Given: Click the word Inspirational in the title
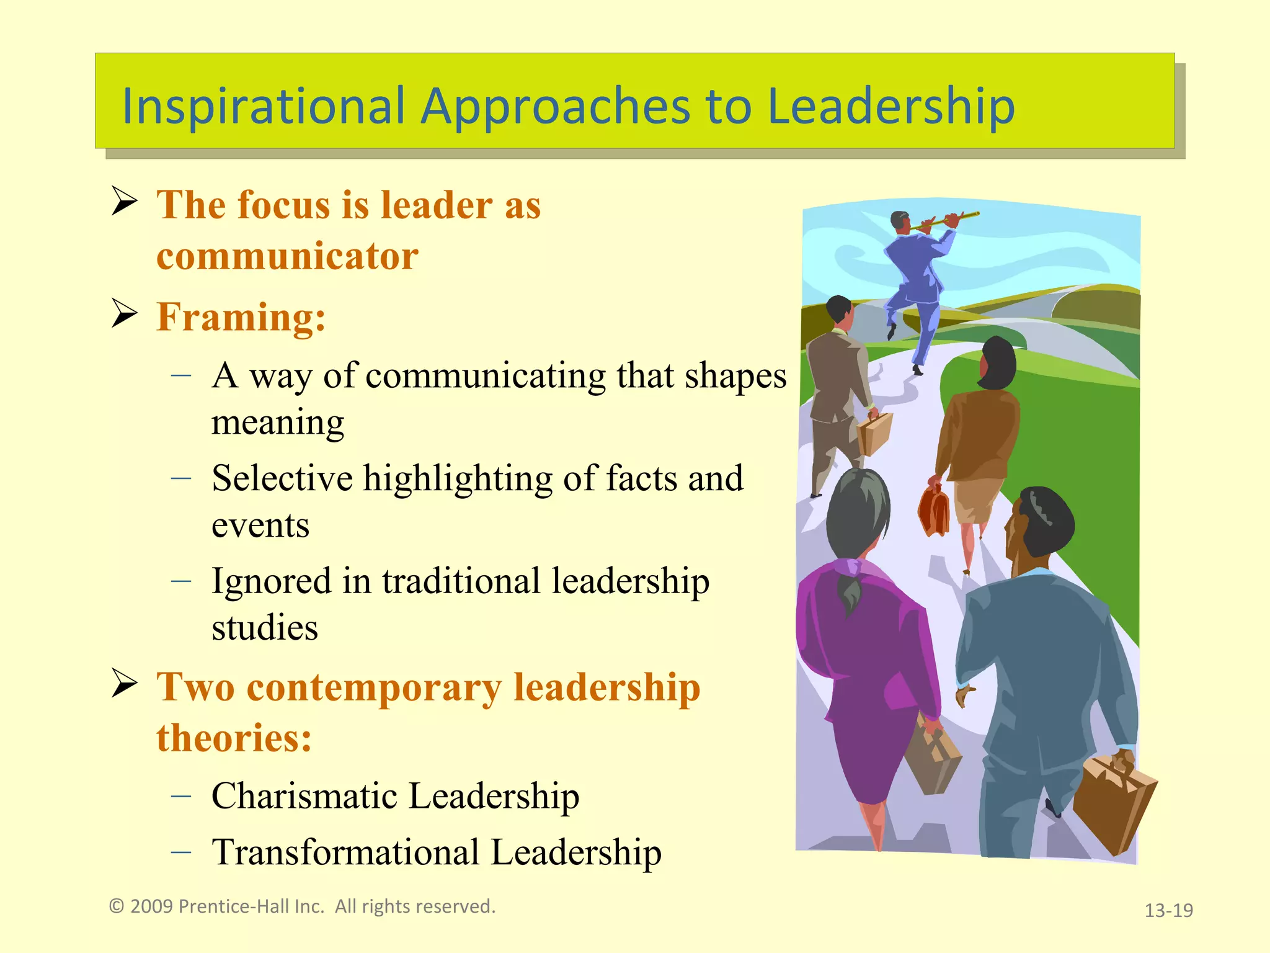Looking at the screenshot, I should click(264, 105).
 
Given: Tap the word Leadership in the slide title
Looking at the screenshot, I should click(890, 105).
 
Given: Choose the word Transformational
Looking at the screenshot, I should click(345, 852).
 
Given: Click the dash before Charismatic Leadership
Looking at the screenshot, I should click(181, 795).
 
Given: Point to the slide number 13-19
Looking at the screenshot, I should click(1168, 910).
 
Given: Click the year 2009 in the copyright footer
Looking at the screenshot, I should click(151, 906).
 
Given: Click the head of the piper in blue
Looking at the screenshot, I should click(900, 220).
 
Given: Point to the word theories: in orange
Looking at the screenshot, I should click(234, 738).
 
